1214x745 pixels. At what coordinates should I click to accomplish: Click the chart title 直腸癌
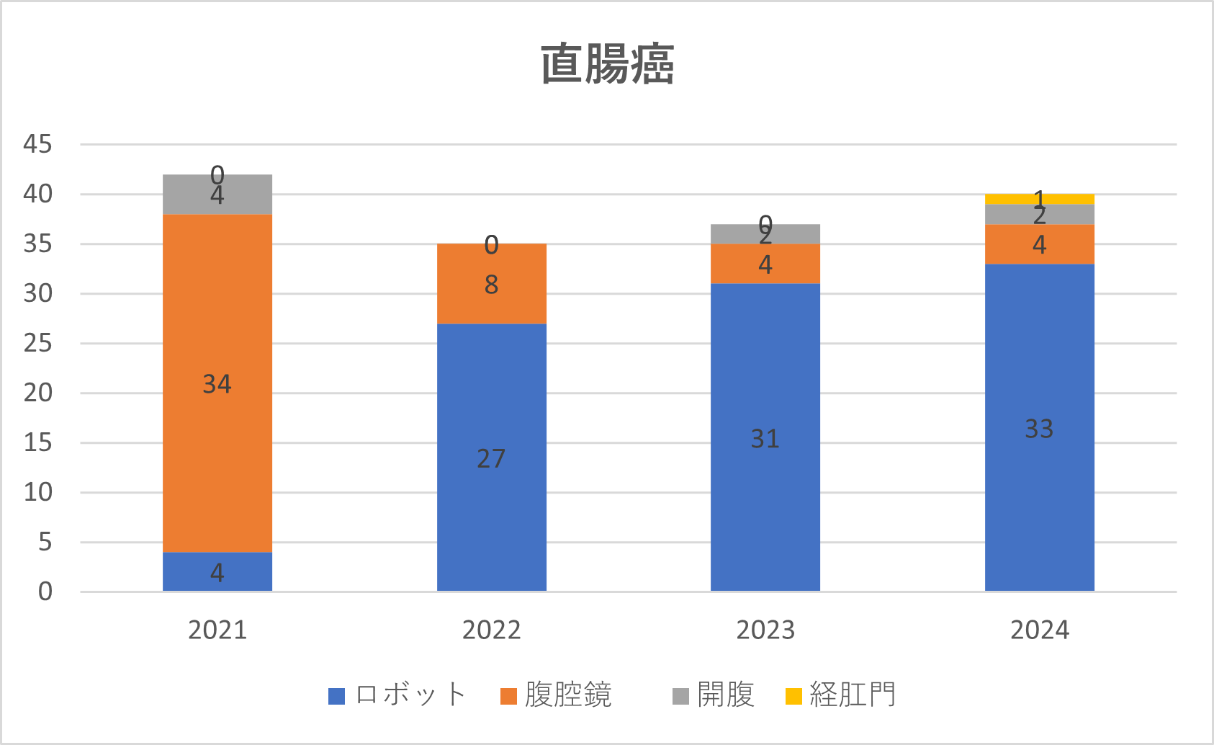click(x=607, y=64)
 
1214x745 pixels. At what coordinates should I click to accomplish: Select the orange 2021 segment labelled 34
click(x=217, y=383)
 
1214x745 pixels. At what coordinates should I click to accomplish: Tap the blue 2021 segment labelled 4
click(x=217, y=572)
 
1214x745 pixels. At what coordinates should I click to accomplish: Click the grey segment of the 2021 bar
click(x=217, y=195)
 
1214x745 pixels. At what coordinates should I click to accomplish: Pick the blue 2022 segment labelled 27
click(x=491, y=458)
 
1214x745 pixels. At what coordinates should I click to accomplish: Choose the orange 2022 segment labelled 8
click(x=491, y=284)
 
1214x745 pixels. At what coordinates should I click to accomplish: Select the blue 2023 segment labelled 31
click(x=765, y=437)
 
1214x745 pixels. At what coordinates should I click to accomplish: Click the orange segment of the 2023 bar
click(x=765, y=264)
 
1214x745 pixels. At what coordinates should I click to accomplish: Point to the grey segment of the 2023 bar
click(x=765, y=234)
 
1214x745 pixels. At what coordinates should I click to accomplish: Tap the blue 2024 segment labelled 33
click(x=1039, y=428)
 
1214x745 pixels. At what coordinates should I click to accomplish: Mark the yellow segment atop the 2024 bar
click(x=1039, y=199)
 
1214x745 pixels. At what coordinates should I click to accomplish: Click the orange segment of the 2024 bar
click(x=1039, y=244)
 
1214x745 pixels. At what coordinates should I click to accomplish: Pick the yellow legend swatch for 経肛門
click(x=793, y=696)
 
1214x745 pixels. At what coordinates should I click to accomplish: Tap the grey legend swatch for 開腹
click(x=680, y=696)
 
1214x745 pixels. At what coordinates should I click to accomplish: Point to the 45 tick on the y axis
click(x=37, y=144)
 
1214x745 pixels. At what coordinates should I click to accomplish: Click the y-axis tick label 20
click(x=37, y=393)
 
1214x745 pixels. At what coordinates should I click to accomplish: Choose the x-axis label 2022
click(x=491, y=630)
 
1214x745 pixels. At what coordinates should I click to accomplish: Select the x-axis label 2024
click(x=1039, y=630)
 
